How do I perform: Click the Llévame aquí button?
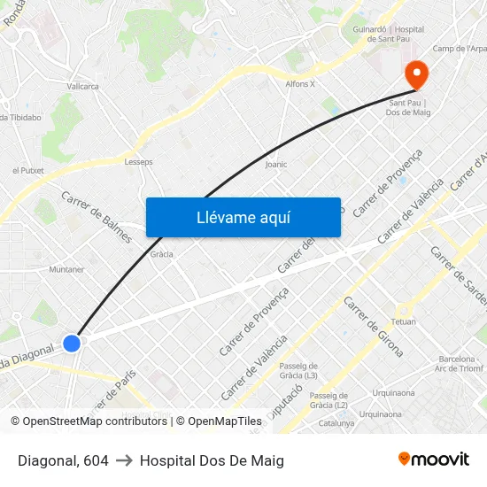click(243, 218)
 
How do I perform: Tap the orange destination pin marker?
click(415, 73)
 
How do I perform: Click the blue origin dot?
click(73, 343)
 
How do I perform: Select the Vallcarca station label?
click(82, 86)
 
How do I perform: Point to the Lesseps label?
click(138, 162)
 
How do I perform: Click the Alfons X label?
click(300, 84)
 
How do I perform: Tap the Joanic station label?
click(276, 164)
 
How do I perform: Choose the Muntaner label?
click(66, 269)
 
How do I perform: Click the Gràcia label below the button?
click(161, 254)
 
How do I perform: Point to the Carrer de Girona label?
click(372, 327)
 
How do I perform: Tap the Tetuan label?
click(403, 321)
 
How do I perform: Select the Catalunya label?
click(336, 423)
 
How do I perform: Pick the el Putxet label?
click(27, 170)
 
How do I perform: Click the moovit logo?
click(434, 460)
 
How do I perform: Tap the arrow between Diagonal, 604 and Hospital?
click(124, 460)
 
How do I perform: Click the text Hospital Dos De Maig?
click(212, 460)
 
